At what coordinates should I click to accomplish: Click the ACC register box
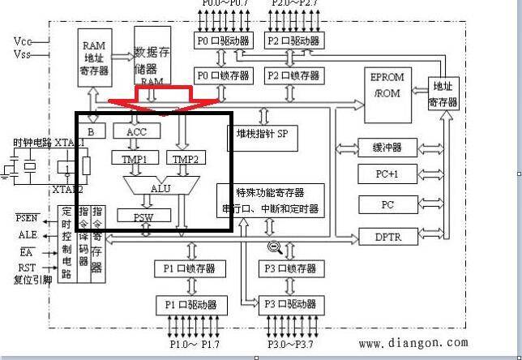[x=137, y=131]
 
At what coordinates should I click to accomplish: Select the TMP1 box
[x=135, y=158]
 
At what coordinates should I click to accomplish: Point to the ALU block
[x=160, y=187]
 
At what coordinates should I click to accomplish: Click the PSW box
[x=143, y=216]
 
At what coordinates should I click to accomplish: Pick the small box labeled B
[x=92, y=131]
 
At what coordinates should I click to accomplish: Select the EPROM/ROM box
[x=387, y=87]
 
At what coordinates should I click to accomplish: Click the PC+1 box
[x=387, y=174]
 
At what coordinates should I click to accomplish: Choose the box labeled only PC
[x=387, y=204]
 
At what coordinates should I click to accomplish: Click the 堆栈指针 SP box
[x=262, y=134]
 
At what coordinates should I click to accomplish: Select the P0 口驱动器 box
[x=224, y=41]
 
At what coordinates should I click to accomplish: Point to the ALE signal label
[x=28, y=235]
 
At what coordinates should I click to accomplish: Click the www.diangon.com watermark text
[x=413, y=344]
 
